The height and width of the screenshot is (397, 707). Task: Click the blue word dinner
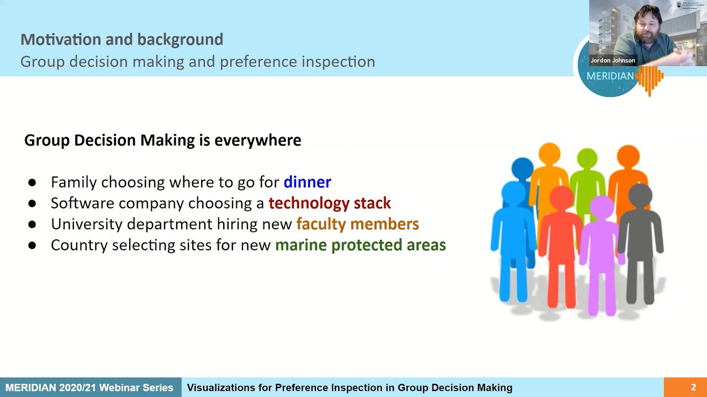[x=307, y=182]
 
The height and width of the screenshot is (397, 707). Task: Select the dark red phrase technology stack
[x=329, y=203]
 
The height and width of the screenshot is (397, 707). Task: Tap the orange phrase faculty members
[x=357, y=224]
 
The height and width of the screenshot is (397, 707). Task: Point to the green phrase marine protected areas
[x=360, y=245]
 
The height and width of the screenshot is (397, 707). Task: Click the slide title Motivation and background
[x=122, y=40]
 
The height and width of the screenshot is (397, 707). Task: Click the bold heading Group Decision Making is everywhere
[x=162, y=140]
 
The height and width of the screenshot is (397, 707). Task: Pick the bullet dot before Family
[x=32, y=183]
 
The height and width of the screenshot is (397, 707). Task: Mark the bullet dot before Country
[x=32, y=245]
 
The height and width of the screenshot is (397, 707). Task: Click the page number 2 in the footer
[x=693, y=388]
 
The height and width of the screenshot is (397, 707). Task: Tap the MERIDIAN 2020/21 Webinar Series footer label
[x=89, y=388]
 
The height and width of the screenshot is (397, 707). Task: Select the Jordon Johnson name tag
[x=613, y=61]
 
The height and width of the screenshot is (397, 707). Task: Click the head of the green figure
[x=587, y=159]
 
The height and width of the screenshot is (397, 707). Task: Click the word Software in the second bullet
[x=82, y=203]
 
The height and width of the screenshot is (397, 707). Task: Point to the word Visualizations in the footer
[x=229, y=388]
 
